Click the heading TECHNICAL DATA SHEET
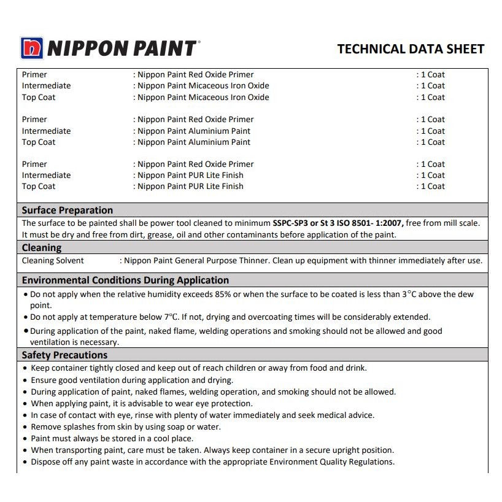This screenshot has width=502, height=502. (411, 49)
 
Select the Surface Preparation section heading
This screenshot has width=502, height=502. (68, 210)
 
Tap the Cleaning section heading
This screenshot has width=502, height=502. (42, 248)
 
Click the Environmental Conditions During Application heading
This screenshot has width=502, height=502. (125, 280)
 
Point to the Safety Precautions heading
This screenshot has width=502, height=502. (64, 355)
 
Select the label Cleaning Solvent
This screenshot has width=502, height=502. (53, 261)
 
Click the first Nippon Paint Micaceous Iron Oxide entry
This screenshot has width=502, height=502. (203, 86)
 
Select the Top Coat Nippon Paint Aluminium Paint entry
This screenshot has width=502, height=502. (194, 142)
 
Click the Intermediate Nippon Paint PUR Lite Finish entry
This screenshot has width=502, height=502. (190, 176)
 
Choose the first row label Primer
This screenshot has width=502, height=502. (34, 75)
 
